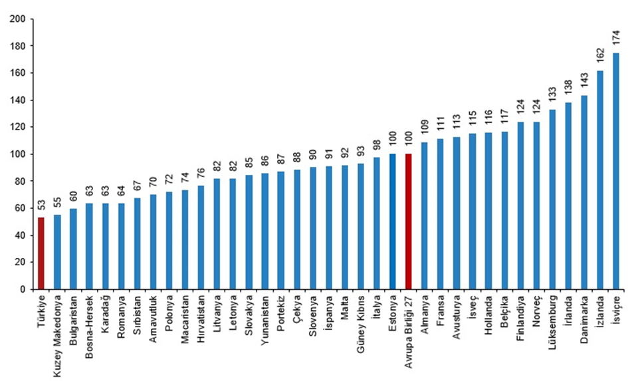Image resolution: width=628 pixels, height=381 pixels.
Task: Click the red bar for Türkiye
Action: [41, 253]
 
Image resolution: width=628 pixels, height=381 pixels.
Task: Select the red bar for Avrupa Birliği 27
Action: [408, 221]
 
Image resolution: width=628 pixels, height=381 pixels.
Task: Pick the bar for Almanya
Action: [424, 215]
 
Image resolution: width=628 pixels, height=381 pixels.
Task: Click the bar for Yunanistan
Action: [264, 231]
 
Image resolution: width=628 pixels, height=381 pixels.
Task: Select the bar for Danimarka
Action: [583, 192]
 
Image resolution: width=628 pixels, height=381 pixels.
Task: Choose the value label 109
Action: [424, 126]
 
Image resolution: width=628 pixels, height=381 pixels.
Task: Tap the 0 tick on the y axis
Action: [22, 289]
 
